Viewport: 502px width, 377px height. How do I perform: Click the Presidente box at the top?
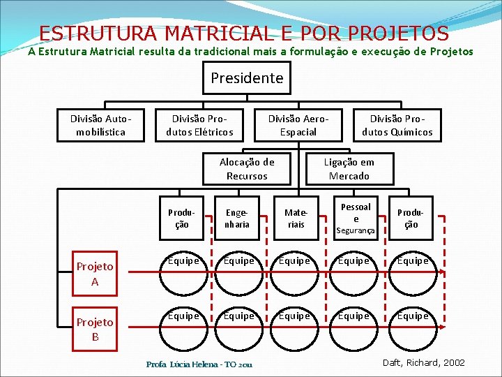tap(247, 77)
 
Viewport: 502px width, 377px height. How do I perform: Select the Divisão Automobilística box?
tap(100, 125)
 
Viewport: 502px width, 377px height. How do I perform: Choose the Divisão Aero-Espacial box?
tap(298, 125)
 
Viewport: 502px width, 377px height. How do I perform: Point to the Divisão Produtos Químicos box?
tap(397, 125)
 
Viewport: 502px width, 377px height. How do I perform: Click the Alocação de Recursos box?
tap(247, 168)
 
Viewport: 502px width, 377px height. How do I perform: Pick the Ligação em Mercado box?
tap(349, 168)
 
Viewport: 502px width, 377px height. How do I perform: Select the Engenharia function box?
tap(237, 219)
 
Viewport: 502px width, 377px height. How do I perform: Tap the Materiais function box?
tap(296, 219)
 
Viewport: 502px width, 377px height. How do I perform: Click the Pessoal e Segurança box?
tap(356, 219)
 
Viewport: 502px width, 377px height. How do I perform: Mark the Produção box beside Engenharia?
tap(181, 219)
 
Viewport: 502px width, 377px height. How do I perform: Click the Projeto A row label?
tap(95, 274)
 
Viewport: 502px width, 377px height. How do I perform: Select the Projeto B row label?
tap(95, 329)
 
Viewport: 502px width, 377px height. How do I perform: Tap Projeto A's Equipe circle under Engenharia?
tap(238, 269)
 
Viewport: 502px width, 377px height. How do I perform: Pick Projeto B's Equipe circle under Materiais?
tap(295, 323)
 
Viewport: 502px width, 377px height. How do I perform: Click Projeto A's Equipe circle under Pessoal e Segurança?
tap(353, 269)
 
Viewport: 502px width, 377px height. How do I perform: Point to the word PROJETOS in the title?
tap(398, 33)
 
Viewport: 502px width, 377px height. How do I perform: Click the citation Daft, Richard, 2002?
tap(423, 363)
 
